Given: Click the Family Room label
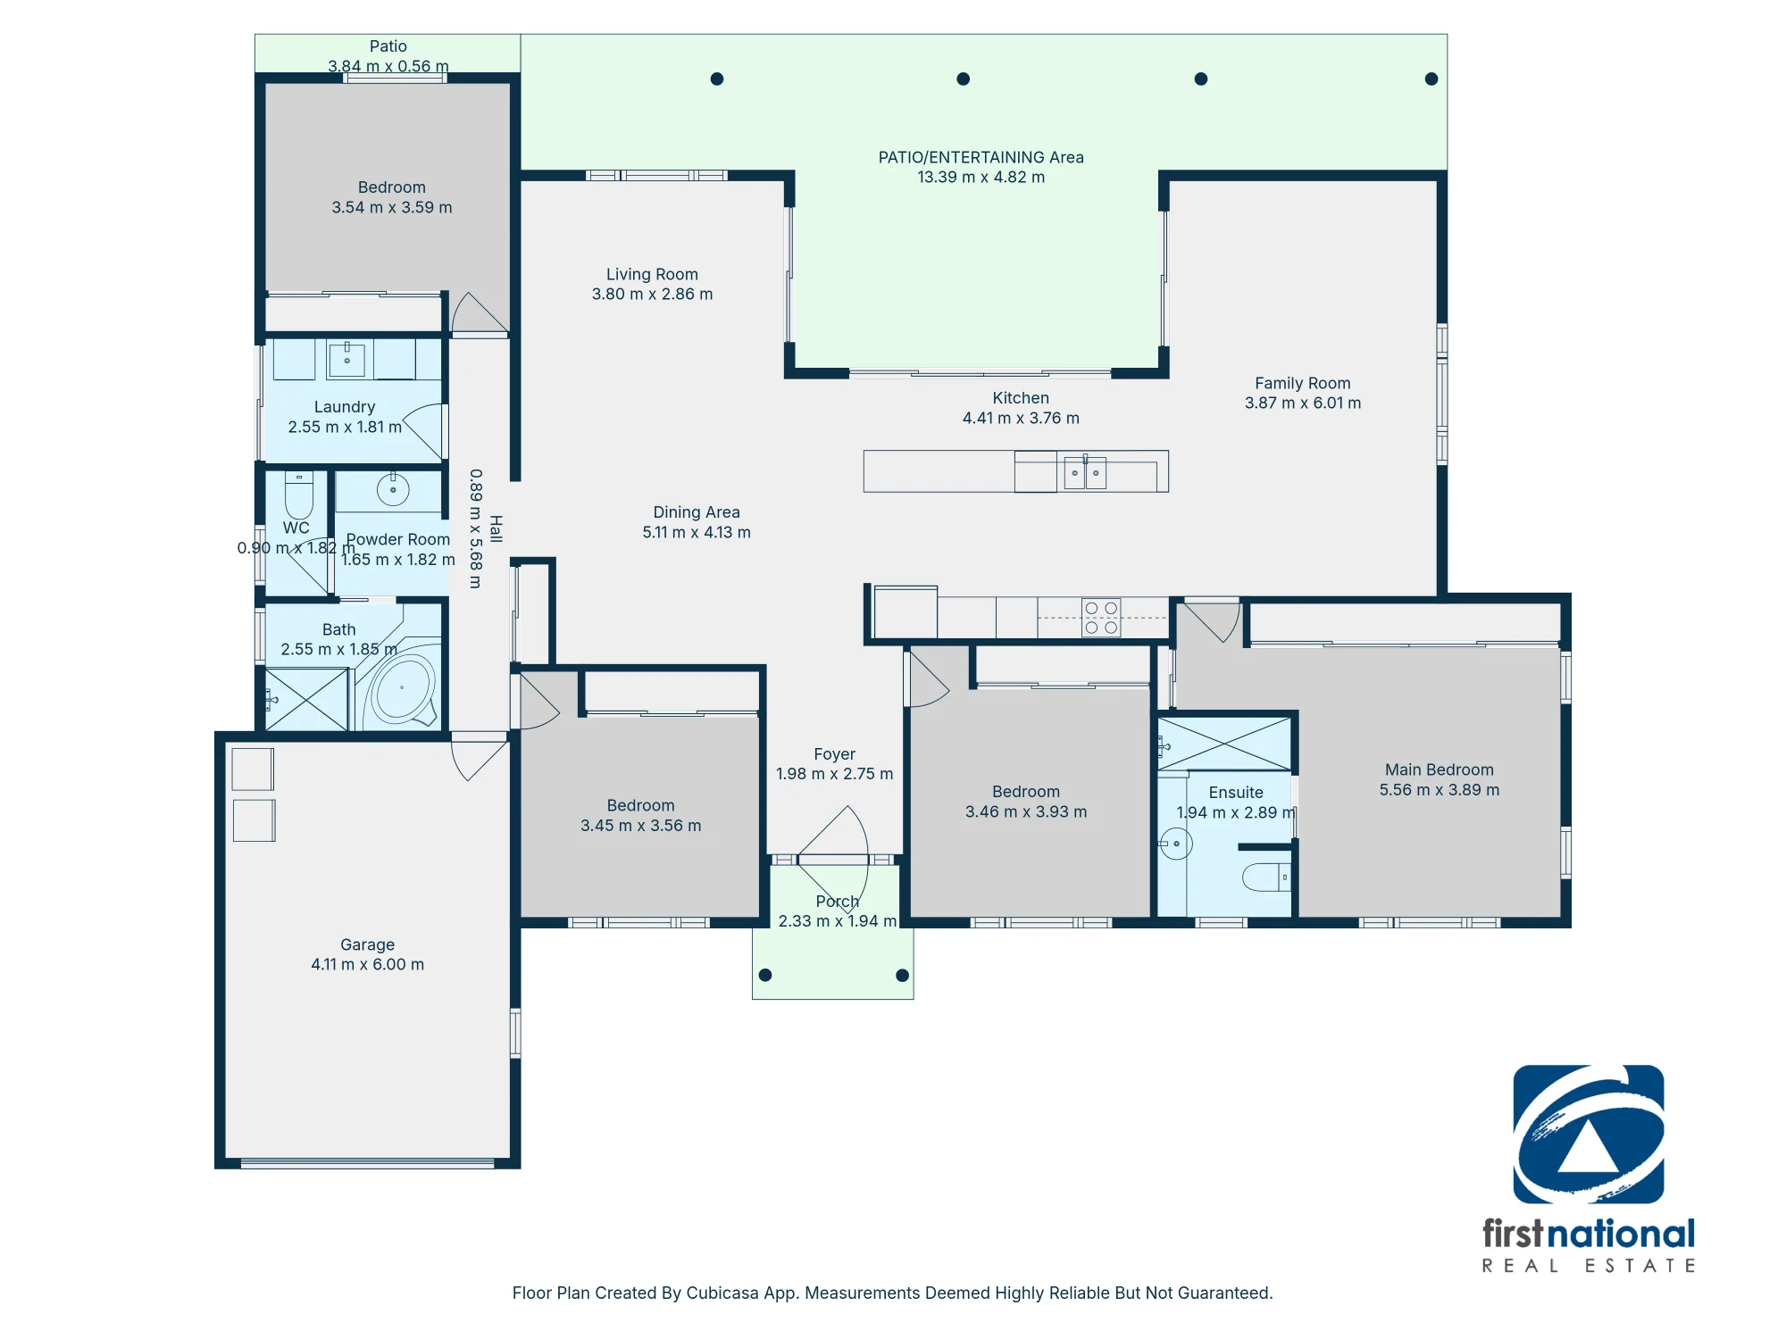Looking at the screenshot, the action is tap(1302, 383).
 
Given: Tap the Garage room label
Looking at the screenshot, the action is tap(367, 944).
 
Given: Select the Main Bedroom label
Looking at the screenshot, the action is tap(1439, 769).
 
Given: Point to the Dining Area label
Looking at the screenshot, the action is tap(697, 512).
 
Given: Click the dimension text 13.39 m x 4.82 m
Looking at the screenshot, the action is tap(981, 177).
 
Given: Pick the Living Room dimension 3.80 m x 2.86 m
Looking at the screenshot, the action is tap(652, 294).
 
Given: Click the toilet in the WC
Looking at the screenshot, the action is tap(298, 495).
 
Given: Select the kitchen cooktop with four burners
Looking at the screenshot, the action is tap(1101, 618).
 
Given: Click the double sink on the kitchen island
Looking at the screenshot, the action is tap(1085, 472).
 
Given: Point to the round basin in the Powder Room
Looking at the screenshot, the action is tap(393, 489).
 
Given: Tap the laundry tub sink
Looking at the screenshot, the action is tap(347, 359).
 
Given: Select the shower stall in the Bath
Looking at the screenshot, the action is tap(306, 699).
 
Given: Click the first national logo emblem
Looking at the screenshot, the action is tap(1588, 1134).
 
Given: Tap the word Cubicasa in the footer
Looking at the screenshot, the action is tap(722, 1293).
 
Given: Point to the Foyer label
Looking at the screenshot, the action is tap(834, 754).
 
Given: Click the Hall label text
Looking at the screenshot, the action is tap(497, 528).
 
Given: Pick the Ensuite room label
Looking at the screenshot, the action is tap(1236, 793).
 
